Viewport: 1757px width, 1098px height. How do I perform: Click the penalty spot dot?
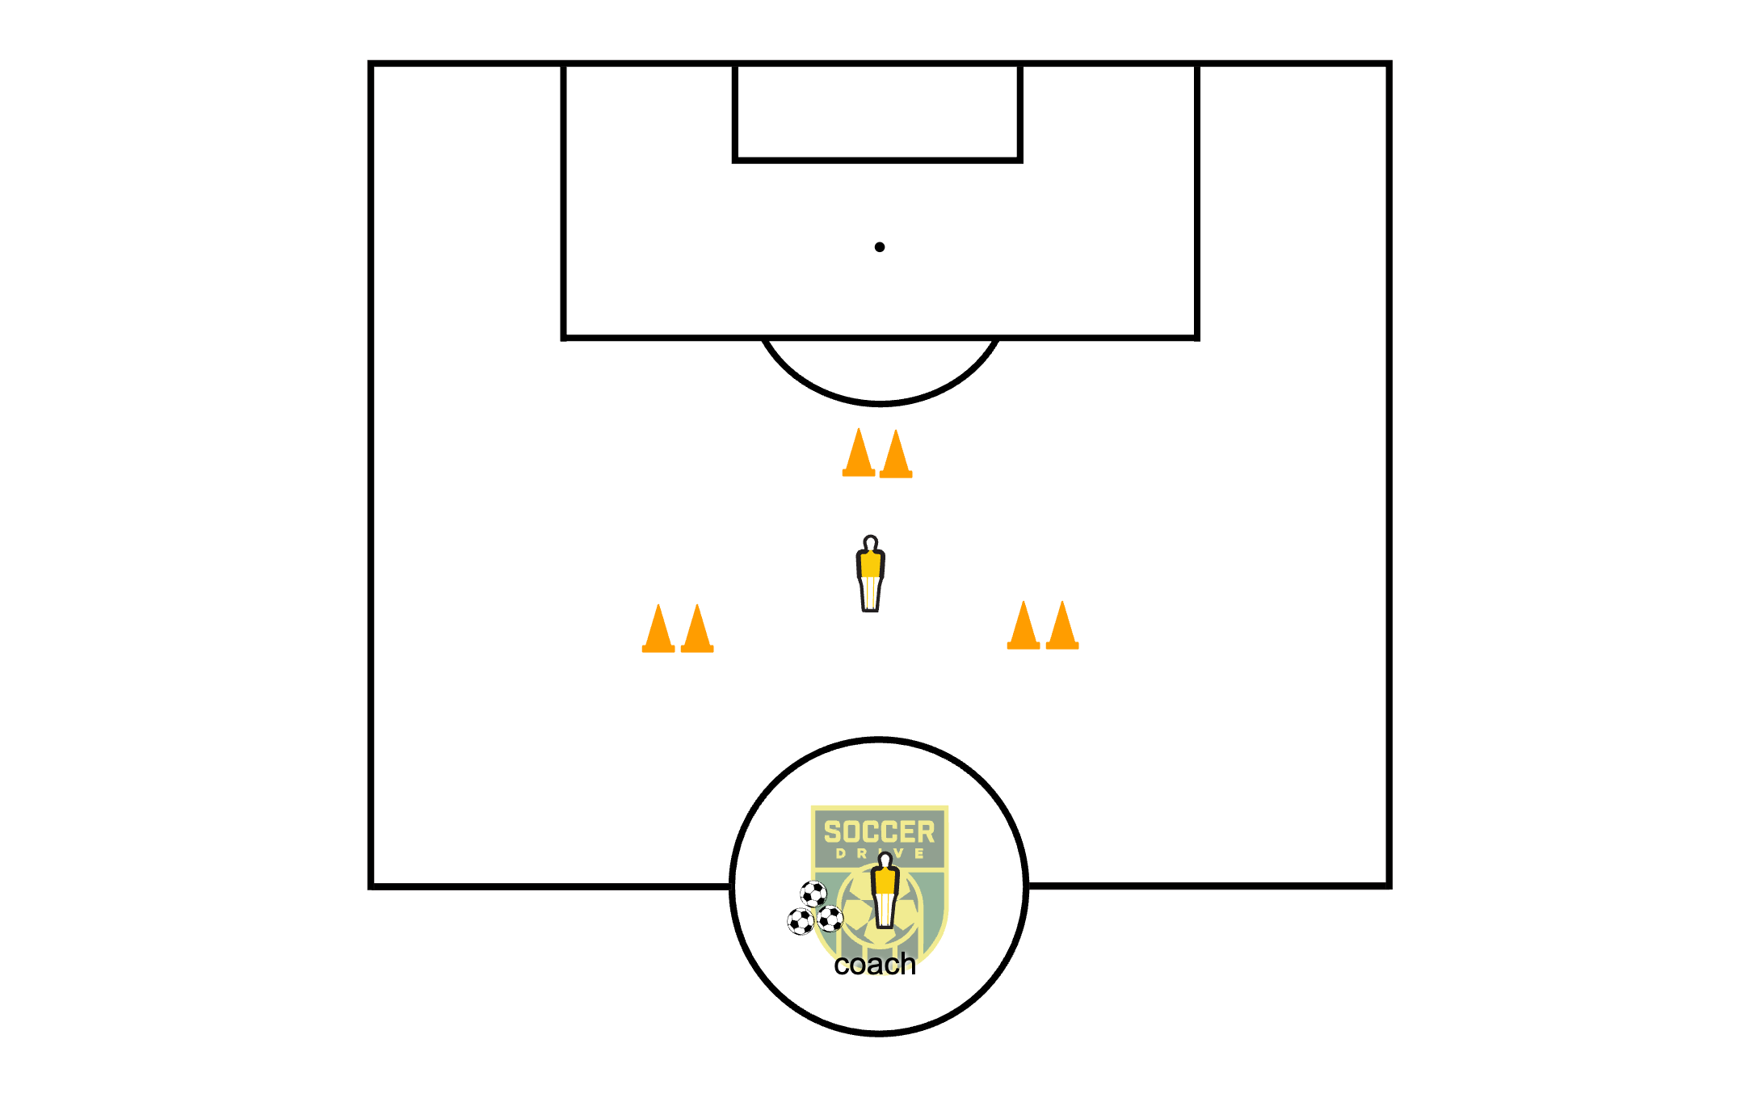880,247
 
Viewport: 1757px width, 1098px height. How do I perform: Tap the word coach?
875,965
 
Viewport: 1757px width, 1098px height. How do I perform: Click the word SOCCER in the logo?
879,832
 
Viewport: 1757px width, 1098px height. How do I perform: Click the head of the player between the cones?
870,542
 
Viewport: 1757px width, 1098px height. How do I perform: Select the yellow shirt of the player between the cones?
870,564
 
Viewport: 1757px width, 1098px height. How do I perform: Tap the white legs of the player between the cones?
870,594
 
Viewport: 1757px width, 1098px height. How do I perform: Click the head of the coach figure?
885,859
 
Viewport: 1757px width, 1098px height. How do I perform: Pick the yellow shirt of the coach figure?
885,881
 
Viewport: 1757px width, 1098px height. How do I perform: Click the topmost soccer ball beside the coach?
813,894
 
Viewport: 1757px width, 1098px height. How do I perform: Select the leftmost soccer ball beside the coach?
801,922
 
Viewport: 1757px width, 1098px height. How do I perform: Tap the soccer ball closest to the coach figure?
830,919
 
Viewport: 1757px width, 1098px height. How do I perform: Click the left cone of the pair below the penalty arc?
859,454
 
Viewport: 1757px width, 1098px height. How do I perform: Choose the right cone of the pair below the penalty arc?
896,456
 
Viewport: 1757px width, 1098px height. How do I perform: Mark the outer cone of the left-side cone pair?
658,630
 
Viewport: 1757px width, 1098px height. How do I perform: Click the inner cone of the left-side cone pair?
697,630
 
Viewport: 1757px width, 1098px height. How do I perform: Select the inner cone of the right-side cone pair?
1024,627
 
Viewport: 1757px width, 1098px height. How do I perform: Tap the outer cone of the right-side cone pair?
1062,627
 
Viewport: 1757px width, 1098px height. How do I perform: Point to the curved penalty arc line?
880,402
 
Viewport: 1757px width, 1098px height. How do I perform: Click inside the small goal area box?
878,113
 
